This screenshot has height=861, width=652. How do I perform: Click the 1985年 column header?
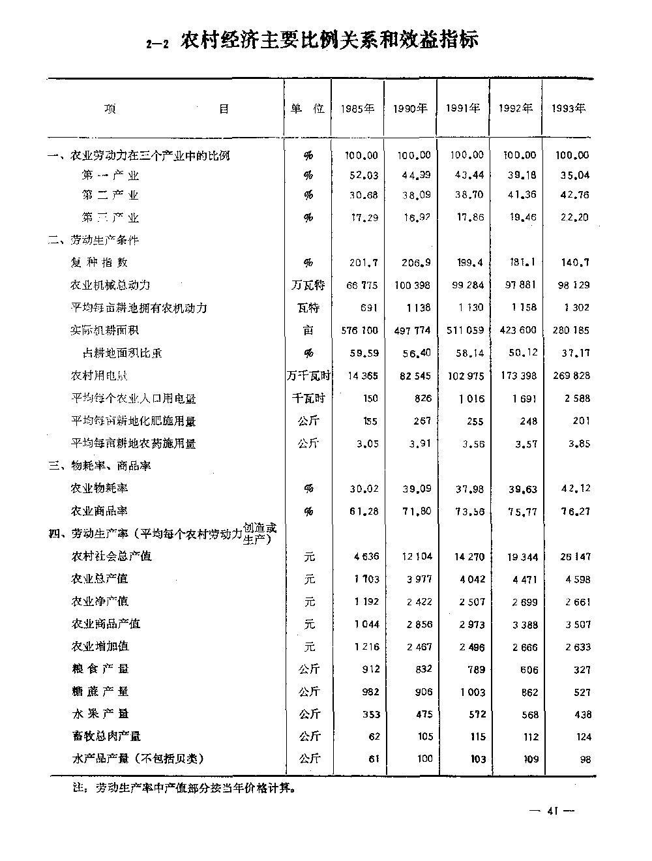[x=357, y=109]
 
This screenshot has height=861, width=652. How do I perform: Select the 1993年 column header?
[x=569, y=109]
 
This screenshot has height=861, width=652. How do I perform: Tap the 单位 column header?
[x=308, y=109]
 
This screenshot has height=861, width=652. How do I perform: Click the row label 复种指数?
[x=99, y=263]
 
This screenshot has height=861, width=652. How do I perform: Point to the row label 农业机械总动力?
[x=110, y=285]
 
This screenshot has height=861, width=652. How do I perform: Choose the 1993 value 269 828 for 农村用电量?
[x=572, y=376]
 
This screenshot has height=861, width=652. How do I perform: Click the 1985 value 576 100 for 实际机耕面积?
[x=359, y=331]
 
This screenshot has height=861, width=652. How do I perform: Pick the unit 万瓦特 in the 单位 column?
[x=308, y=285]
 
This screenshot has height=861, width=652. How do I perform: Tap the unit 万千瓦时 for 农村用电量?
[x=308, y=376]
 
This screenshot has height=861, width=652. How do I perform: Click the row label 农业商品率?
[x=99, y=511]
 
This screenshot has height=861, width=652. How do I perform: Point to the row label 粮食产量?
[x=100, y=669]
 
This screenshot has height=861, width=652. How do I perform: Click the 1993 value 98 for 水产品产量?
[x=583, y=759]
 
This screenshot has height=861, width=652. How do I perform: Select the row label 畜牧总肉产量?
[x=106, y=736]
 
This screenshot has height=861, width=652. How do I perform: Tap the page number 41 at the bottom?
[x=552, y=811]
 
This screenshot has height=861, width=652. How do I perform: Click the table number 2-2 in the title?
[x=157, y=44]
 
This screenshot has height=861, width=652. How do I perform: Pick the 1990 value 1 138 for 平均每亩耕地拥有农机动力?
[x=417, y=308]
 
